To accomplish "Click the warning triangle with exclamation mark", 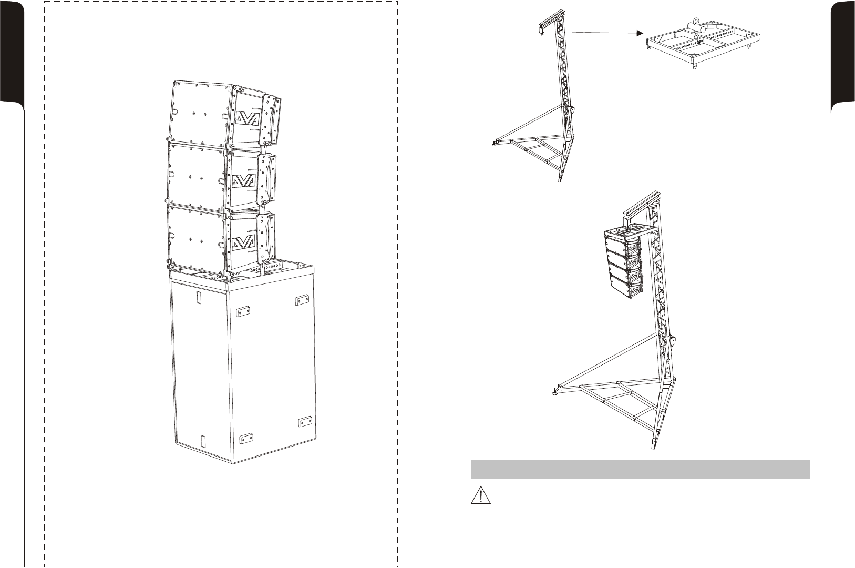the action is pyautogui.click(x=480, y=495).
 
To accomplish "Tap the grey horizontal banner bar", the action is pyautogui.click(x=641, y=470).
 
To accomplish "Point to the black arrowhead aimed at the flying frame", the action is pyautogui.click(x=640, y=33).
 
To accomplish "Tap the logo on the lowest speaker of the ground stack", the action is pyautogui.click(x=243, y=241).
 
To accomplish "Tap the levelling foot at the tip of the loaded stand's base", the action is pyautogui.click(x=554, y=392).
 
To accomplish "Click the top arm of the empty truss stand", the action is pyautogui.click(x=550, y=19).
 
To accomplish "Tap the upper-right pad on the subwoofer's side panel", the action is pyautogui.click(x=302, y=300).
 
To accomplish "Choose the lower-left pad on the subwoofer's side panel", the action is pyautogui.click(x=246, y=438).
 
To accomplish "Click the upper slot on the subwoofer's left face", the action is pyautogui.click(x=199, y=298).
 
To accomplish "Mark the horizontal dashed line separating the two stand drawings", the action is pyautogui.click(x=633, y=186).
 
